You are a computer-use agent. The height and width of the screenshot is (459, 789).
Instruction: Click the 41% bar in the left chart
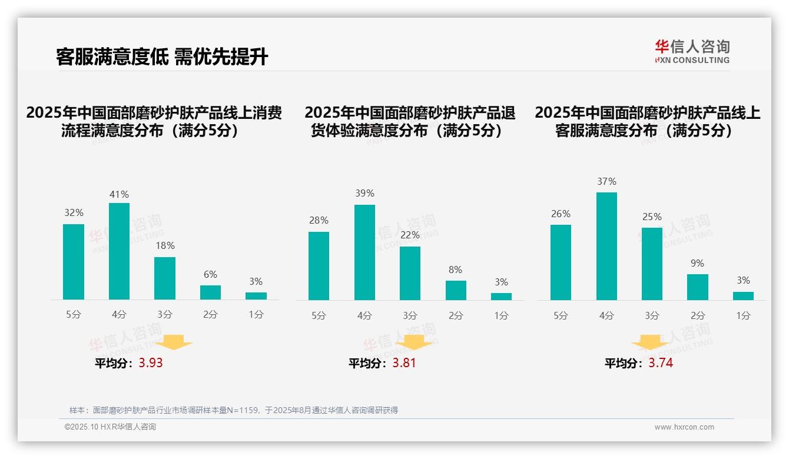tap(119, 251)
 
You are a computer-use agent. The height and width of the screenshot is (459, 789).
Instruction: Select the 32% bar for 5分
tap(74, 262)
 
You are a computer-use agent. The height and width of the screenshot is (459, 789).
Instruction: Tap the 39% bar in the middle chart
tap(364, 252)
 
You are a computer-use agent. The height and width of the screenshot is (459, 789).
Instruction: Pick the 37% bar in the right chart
tap(606, 246)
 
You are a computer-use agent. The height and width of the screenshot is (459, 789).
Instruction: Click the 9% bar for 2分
tap(698, 287)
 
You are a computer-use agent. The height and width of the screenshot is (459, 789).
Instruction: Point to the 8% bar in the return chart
tap(456, 290)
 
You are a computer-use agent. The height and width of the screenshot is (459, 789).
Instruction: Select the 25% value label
tap(652, 217)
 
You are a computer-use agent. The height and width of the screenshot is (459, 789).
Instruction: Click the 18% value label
tap(165, 246)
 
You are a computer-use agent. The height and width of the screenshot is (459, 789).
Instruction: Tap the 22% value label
tap(410, 235)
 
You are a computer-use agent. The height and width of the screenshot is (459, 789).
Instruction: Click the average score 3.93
tap(151, 363)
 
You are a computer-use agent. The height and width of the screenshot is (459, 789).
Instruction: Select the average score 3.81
tap(404, 363)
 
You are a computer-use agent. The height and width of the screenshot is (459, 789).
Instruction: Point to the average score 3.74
tap(661, 363)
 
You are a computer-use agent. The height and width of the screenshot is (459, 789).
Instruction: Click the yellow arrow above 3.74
tap(650, 343)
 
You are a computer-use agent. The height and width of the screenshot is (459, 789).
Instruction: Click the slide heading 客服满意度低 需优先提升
tap(163, 57)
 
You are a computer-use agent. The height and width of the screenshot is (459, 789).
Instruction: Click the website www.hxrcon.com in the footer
tap(684, 427)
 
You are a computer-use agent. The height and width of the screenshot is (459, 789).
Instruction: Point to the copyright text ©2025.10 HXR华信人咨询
tap(110, 427)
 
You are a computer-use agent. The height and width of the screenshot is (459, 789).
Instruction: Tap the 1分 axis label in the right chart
tap(743, 315)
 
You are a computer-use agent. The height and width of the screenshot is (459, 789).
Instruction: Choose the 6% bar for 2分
tap(210, 292)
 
